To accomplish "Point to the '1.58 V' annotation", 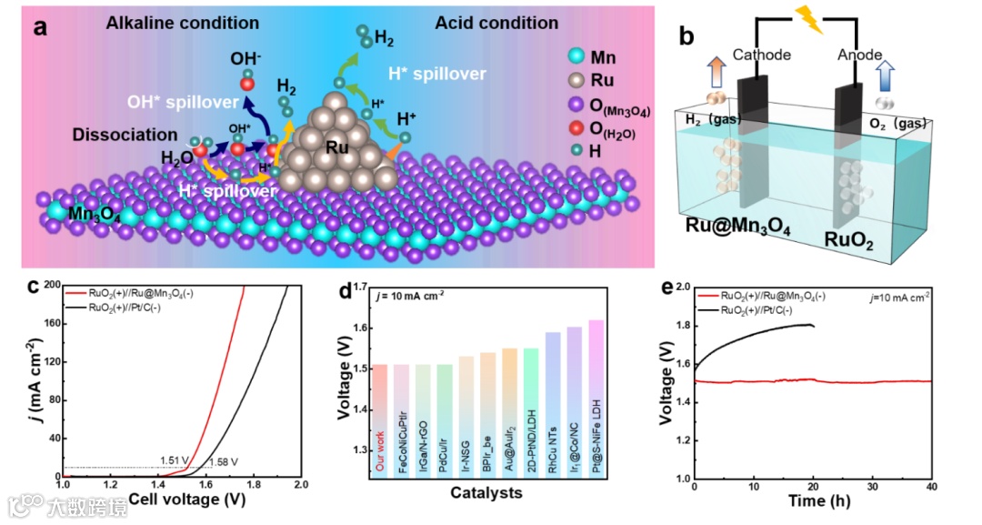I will point(224,462).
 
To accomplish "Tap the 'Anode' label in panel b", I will point(857,56).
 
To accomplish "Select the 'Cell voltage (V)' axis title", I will point(186,499).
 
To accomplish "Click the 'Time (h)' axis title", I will point(813,500).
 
